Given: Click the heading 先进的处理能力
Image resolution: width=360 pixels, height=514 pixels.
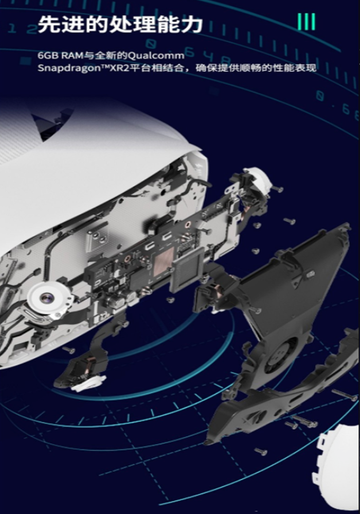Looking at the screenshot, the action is pyautogui.click(x=120, y=24).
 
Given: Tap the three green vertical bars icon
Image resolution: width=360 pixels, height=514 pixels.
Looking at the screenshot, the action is pyautogui.click(x=307, y=22).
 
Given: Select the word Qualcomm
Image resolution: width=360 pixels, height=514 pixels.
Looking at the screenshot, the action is pyautogui.click(x=156, y=56).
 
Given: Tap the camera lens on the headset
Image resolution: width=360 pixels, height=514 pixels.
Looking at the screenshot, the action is pyautogui.click(x=45, y=298).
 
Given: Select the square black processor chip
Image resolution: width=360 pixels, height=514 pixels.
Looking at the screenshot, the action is pyautogui.click(x=189, y=268).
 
